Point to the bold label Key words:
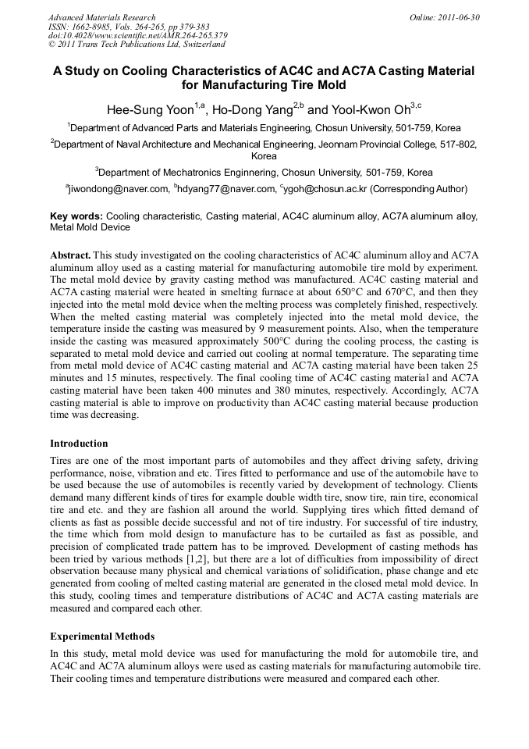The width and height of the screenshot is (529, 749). click(x=76, y=216)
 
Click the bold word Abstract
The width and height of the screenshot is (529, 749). click(x=70, y=255)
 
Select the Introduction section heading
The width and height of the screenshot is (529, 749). click(x=79, y=443)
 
